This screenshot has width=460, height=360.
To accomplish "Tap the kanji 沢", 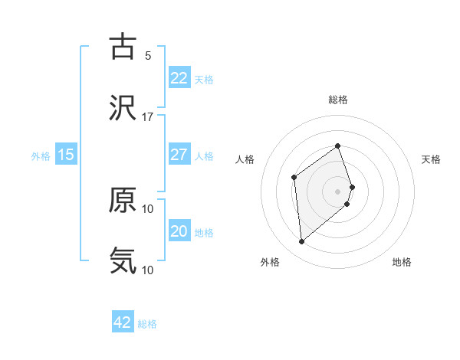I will coord(123,108).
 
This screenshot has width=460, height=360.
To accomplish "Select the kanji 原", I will coord(123,200).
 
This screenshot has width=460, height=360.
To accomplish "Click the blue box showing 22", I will coord(179,77).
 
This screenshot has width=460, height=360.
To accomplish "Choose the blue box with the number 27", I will coord(179,154).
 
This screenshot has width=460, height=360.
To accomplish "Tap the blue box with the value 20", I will coord(179,231).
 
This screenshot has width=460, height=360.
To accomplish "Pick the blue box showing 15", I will coord(66,154).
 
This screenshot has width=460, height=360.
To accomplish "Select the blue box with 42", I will coord(123,322).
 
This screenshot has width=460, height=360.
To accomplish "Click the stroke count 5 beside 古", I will coord(148,55).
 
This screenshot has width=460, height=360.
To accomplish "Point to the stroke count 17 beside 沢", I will coord(148,116).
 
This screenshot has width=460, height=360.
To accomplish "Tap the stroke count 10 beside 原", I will coord(148,208).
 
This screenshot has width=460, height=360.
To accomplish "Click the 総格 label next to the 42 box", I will coord(147,324).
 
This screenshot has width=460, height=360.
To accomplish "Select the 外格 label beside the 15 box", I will coord(41,155).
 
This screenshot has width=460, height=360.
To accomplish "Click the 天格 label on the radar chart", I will coord(432,159).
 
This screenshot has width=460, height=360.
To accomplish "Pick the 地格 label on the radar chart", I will coord(402,262).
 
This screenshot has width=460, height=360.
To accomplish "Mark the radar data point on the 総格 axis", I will coord(337,146).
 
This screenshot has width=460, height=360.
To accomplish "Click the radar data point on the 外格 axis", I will coord(301,242).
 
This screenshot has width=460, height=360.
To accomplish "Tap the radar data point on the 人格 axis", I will coord(294,178).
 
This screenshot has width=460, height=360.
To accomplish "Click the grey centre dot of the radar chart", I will coord(338,191).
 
